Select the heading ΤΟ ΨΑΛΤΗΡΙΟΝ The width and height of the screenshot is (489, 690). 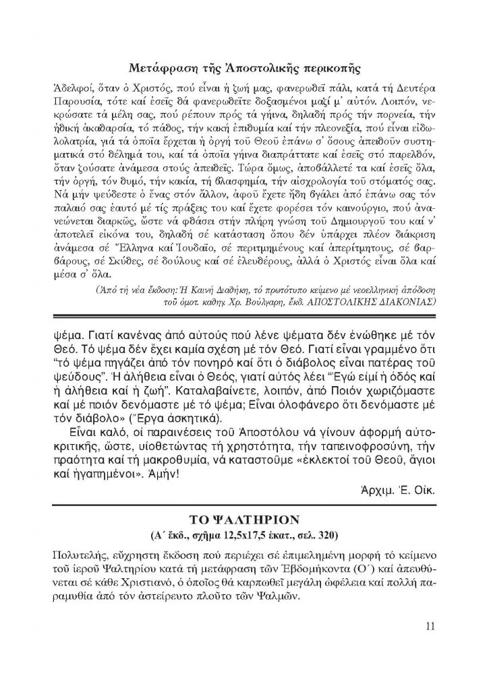coord(244,524)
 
